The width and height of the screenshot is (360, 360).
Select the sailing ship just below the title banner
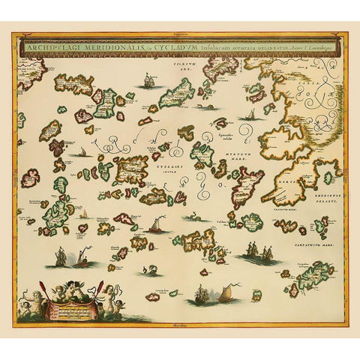148,79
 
